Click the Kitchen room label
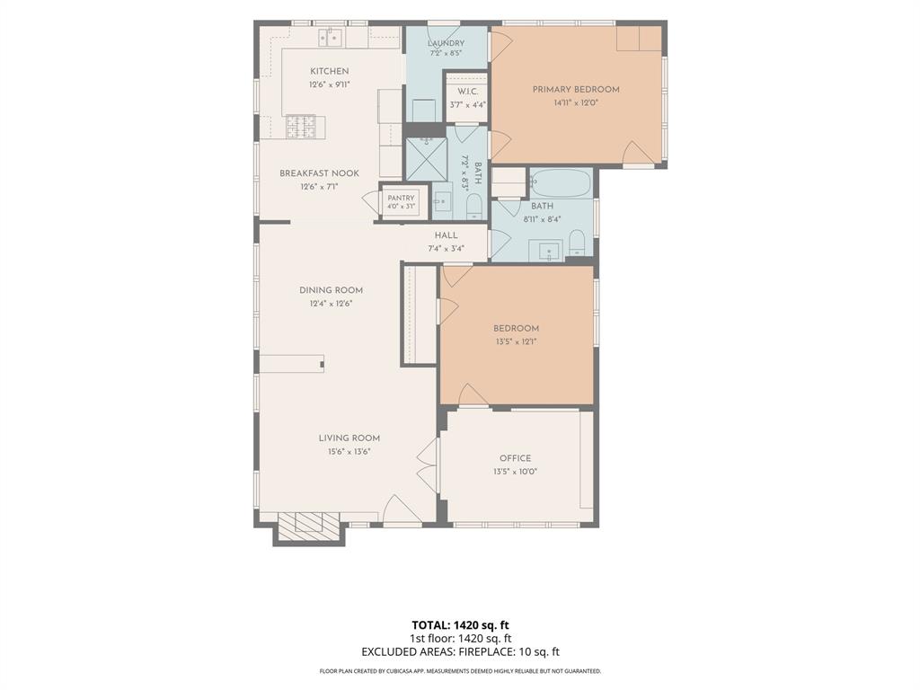coord(329,71)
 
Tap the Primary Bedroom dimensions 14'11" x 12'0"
coord(576,102)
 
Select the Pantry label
coord(401,198)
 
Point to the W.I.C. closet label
coord(467,92)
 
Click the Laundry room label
coord(446,43)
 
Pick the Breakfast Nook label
coord(319,173)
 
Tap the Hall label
coord(446,235)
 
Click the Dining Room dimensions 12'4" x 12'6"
coord(331,304)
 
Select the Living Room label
coord(349,438)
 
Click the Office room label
coord(515,458)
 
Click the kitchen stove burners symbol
coord(300,127)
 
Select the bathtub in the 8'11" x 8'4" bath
coord(560,183)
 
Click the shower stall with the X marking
coord(427,158)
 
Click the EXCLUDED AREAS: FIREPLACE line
coord(460,652)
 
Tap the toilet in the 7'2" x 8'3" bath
coord(473,208)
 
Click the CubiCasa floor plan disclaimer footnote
coord(460,670)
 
